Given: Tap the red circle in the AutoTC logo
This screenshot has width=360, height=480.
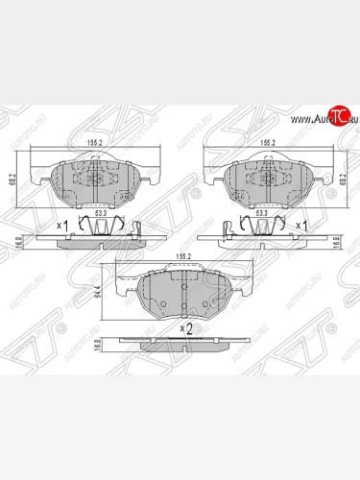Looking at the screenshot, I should pyautogui.click(x=337, y=117).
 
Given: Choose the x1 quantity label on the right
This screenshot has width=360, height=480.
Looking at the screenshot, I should pyautogui.click(x=301, y=225).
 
